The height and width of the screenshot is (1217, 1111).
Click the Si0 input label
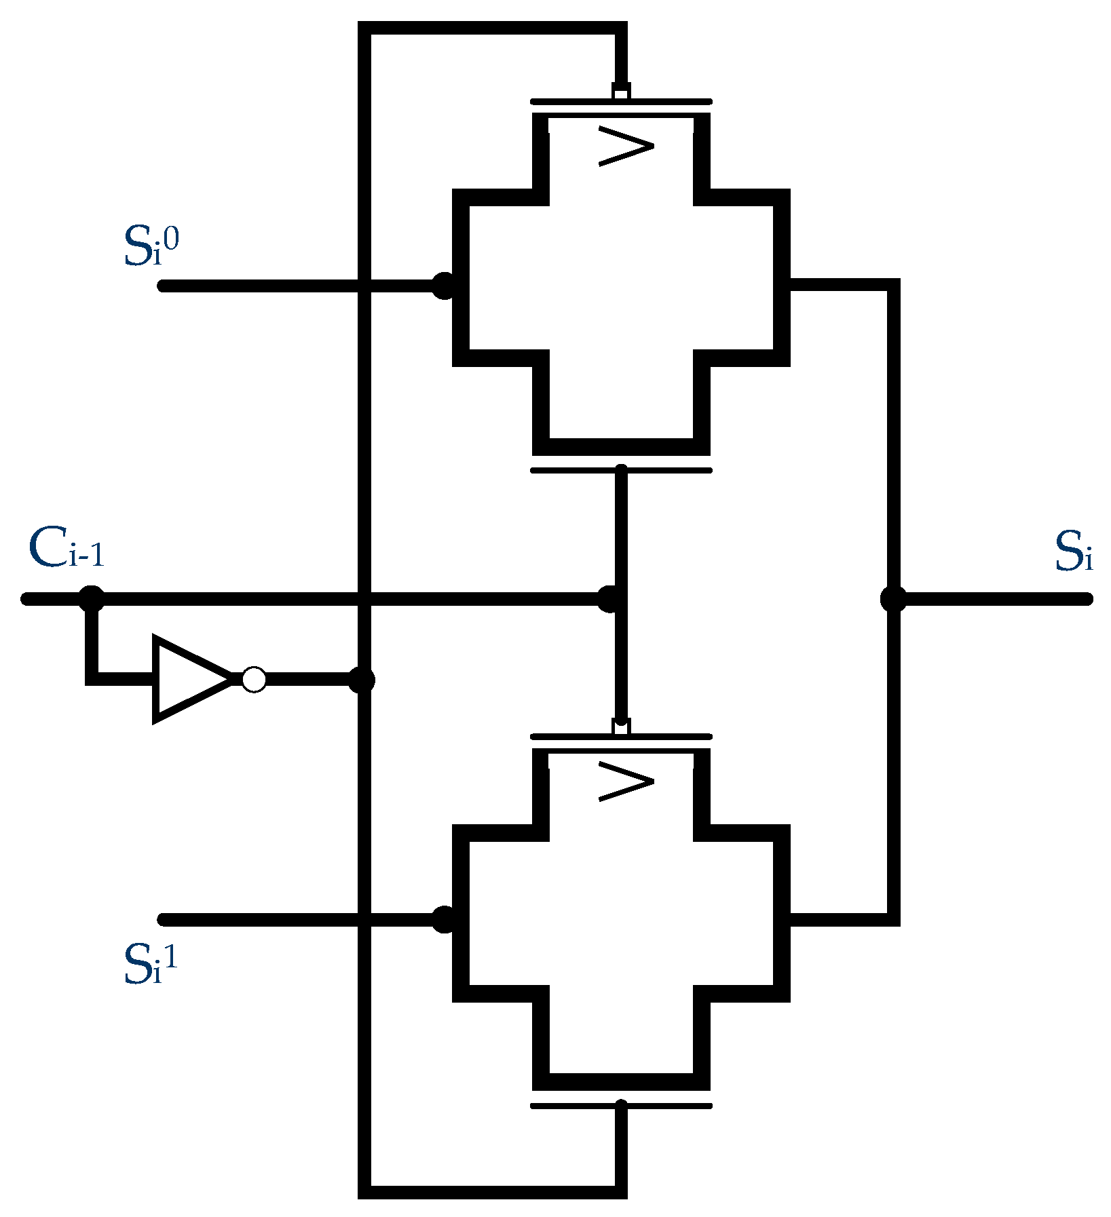click(x=151, y=246)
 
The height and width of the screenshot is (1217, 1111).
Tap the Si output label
click(x=1073, y=552)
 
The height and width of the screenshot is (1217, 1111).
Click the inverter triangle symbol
click(x=190, y=679)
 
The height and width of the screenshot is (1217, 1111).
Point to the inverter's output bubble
click(x=254, y=680)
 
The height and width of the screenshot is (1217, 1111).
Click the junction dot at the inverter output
click(x=361, y=680)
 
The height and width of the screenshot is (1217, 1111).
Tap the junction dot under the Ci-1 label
click(x=92, y=599)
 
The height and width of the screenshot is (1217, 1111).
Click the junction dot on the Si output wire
click(x=893, y=599)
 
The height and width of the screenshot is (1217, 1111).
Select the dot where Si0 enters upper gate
click(x=444, y=286)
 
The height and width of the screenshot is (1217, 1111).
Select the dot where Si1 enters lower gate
click(x=444, y=920)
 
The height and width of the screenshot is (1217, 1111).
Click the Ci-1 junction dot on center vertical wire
click(x=609, y=599)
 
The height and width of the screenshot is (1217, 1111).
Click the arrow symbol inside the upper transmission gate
click(x=626, y=146)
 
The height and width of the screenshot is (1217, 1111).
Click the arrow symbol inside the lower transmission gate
click(x=626, y=781)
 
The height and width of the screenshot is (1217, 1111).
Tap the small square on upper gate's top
click(x=621, y=90)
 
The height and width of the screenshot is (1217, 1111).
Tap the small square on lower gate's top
click(x=621, y=726)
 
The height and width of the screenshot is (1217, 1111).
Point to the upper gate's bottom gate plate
click(x=621, y=470)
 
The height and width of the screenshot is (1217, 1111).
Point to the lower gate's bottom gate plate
click(x=621, y=1106)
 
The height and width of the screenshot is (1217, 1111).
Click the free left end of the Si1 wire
click(x=163, y=920)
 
